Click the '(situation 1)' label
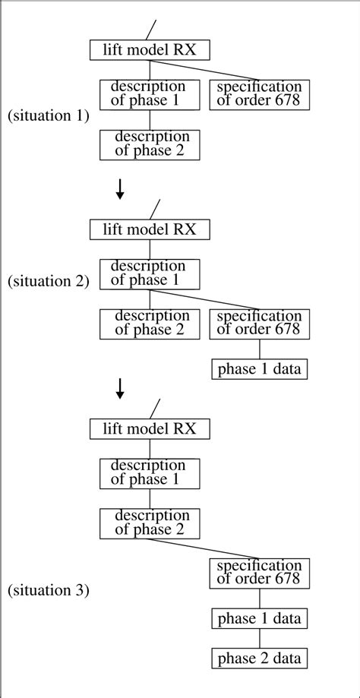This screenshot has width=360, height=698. [49, 116]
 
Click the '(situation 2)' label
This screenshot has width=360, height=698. [49, 281]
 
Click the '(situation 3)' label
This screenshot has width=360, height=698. [49, 589]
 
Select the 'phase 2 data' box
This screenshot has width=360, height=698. [260, 657]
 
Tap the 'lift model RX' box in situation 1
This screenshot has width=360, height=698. [150, 50]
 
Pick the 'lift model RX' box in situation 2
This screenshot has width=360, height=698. [150, 229]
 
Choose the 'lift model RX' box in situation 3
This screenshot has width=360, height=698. [150, 428]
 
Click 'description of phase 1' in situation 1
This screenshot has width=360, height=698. [150, 94]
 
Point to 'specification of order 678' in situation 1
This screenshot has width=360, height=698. [260, 94]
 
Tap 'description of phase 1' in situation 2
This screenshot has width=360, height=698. [150, 274]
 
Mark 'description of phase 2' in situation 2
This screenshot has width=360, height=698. [150, 324]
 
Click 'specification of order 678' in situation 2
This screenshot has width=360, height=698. [260, 324]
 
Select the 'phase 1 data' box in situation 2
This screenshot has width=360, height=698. [260, 370]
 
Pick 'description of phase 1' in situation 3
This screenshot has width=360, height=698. [150, 473]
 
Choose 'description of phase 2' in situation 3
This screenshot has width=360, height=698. [150, 523]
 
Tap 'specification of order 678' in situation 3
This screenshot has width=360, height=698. [260, 573]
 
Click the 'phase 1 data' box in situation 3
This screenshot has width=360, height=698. [260, 618]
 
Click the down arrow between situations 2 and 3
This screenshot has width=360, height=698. [119, 388]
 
